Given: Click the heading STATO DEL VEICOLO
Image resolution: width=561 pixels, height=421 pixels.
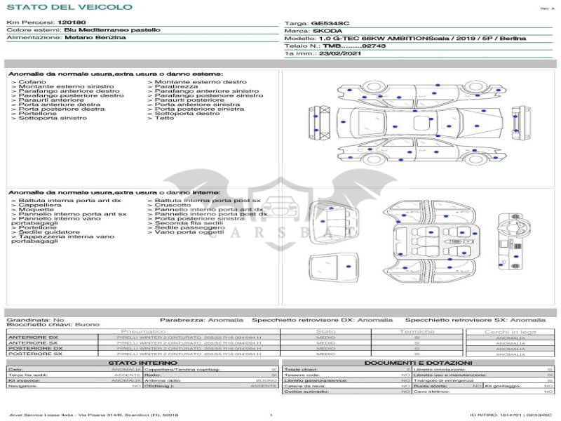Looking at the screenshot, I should tap(69, 7).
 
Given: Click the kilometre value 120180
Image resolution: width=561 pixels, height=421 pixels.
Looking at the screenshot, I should tap(72, 23).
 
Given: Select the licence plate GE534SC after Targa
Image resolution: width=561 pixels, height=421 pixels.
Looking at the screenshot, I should tap(349, 23).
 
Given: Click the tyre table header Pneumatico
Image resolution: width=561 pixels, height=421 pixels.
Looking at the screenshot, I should tap(143, 331).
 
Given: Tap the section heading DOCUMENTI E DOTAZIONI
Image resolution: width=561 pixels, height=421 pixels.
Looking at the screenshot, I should tap(419, 362).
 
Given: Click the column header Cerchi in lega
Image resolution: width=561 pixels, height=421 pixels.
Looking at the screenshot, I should tap(510, 332).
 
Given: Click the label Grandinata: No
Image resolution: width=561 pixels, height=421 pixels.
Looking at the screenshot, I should tap(35, 319).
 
